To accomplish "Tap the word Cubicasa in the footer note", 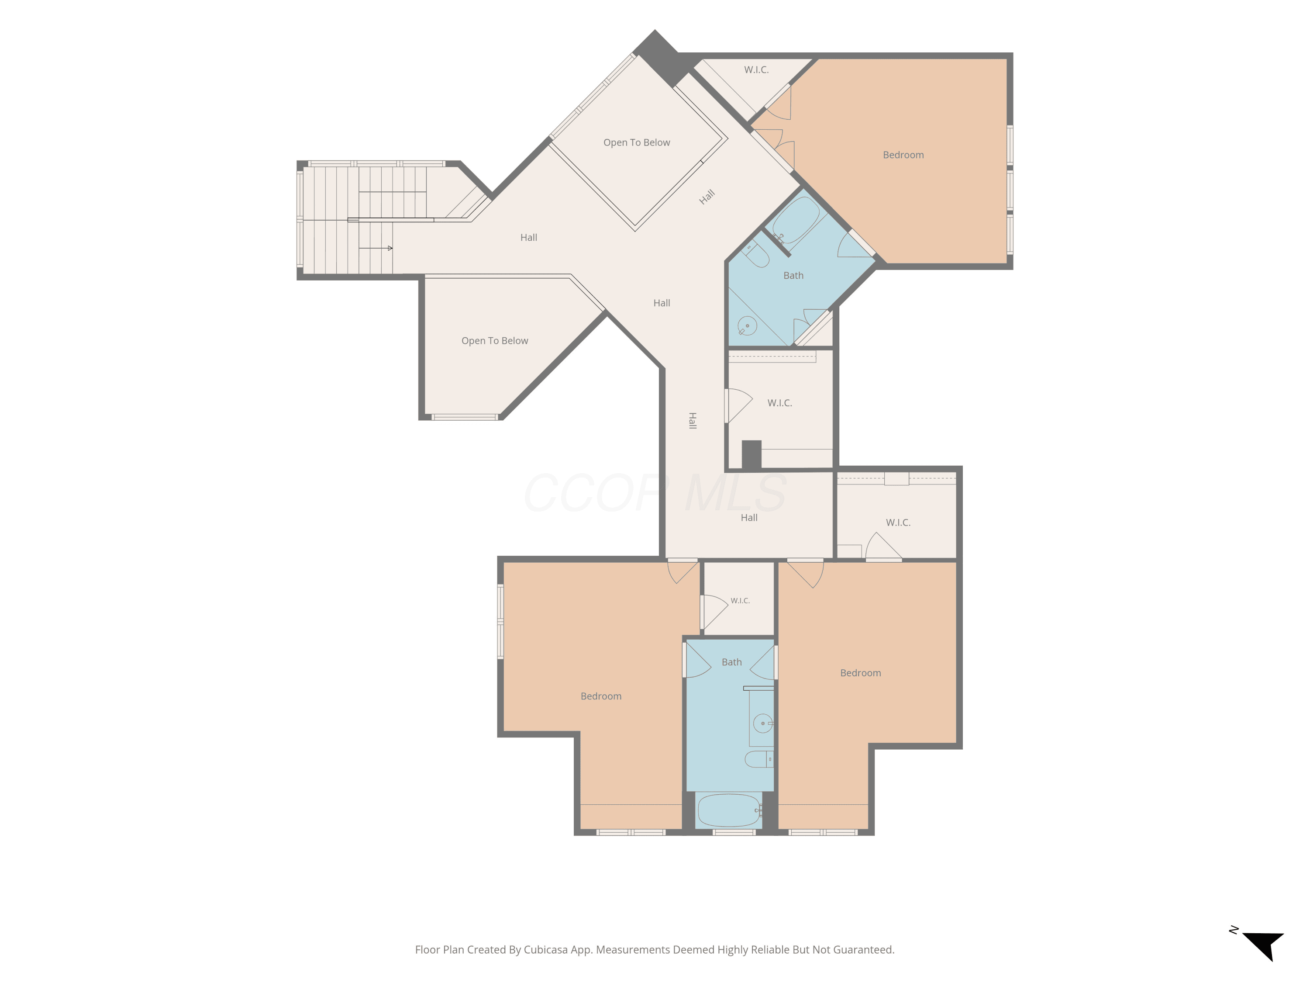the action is (x=545, y=950).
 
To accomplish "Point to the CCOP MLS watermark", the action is (x=655, y=493).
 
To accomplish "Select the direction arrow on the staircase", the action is (x=376, y=248).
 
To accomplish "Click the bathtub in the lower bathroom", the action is (x=729, y=810).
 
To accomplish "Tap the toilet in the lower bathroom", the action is (x=758, y=759).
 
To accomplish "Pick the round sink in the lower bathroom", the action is (x=763, y=723).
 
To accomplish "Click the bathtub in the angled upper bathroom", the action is (x=796, y=220).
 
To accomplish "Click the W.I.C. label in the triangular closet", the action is (x=756, y=70).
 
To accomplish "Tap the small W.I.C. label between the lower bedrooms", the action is (x=740, y=601).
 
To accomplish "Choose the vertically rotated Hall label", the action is (x=692, y=421).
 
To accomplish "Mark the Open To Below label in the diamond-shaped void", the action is (x=637, y=143).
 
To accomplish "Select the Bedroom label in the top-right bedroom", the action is (x=903, y=155).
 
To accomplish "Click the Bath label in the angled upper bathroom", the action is (x=793, y=276).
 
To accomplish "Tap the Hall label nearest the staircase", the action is (x=529, y=238).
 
